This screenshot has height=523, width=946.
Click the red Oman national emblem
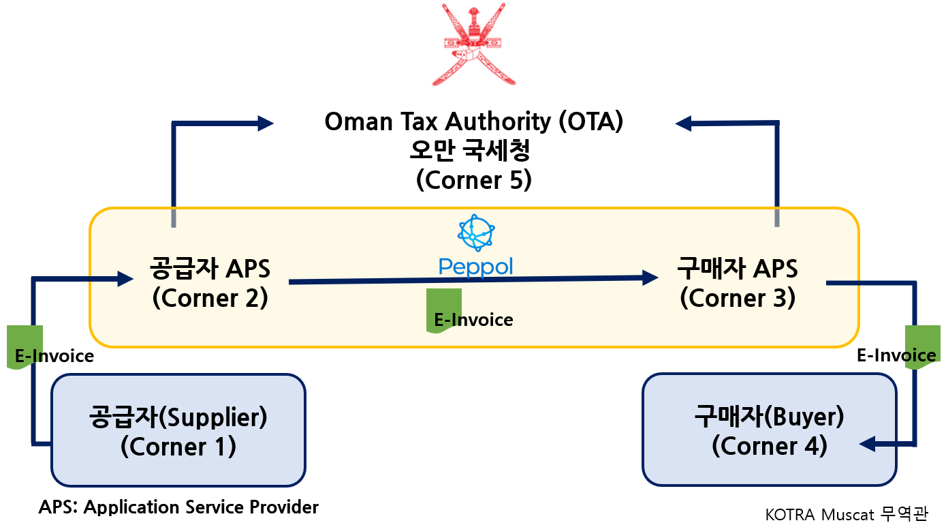point(473,44)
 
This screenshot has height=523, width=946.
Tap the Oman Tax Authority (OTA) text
point(474,121)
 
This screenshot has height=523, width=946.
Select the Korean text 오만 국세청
point(470,150)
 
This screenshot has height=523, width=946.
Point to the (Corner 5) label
point(474,180)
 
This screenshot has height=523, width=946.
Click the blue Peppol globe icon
point(476,233)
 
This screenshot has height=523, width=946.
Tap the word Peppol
point(476,267)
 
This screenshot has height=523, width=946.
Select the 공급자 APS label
point(210,269)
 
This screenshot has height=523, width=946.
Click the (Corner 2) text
point(210,298)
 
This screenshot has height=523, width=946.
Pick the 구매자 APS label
point(738,269)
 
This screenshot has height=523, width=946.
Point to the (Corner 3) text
point(738,298)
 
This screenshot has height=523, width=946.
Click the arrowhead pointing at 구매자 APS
point(650,278)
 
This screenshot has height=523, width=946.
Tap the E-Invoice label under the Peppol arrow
point(473,320)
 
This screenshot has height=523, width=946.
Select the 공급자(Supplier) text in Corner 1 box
point(178,417)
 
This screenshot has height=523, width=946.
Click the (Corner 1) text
point(178,447)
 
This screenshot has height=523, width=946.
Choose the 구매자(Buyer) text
point(769,417)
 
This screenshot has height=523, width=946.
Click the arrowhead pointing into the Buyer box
point(868,444)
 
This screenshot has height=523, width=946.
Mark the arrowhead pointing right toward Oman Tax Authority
point(266,123)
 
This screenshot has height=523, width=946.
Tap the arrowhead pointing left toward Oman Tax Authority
point(683,123)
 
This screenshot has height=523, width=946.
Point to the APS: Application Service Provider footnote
point(178,507)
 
